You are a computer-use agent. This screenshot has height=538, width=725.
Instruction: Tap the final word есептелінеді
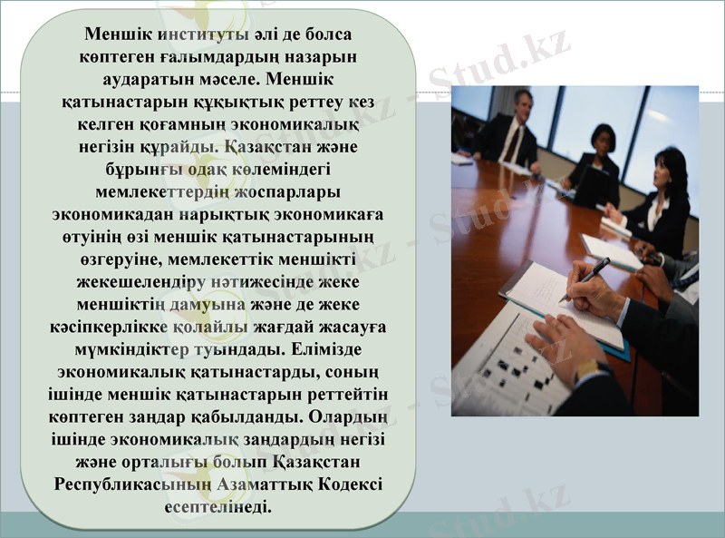coord(217,506)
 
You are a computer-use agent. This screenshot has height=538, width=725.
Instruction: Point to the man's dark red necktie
coord(514,142)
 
